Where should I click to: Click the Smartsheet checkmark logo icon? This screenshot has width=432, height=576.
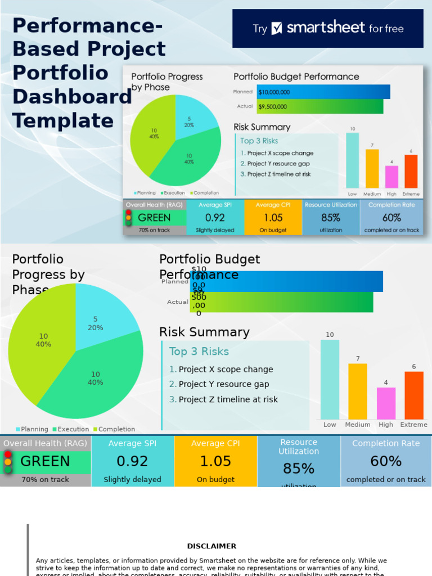point(277,28)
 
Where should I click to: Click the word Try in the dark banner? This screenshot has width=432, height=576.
point(260,29)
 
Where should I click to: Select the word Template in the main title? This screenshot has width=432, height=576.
point(63,121)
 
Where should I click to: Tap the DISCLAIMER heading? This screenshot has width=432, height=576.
point(211,546)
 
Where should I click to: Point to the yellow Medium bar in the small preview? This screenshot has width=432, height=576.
point(372,168)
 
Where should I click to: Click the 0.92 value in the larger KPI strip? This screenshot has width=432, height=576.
point(132,461)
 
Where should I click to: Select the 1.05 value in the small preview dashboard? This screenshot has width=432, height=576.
point(273,218)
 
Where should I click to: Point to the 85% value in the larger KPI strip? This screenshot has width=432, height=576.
point(299,469)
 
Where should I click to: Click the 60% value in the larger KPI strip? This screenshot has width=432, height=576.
point(386,461)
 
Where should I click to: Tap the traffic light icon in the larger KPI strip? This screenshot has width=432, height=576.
point(8,462)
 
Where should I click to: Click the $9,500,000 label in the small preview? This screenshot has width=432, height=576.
point(273,106)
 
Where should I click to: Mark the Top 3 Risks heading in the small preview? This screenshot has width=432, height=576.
point(259,141)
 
